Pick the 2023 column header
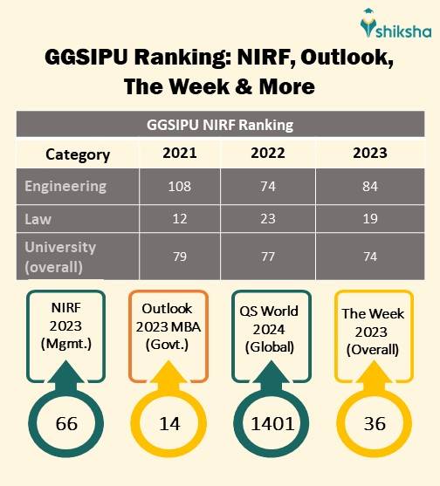click(370, 154)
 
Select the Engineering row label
click(65, 186)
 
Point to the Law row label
click(38, 217)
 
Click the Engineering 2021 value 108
click(181, 187)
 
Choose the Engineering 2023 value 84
click(370, 187)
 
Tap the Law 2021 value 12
click(181, 218)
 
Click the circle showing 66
click(66, 424)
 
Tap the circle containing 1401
click(273, 424)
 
